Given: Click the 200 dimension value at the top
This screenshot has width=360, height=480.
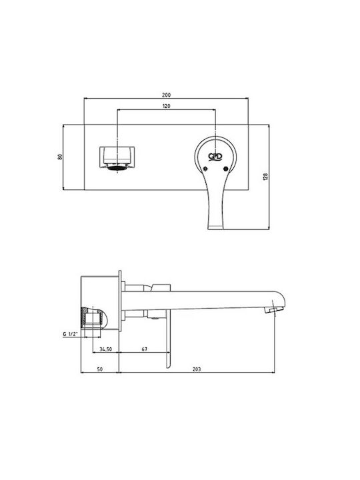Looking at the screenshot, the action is (x=166, y=95).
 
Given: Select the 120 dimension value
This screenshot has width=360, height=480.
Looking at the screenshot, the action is (x=166, y=106).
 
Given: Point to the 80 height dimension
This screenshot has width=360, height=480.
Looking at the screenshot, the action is (x=60, y=157).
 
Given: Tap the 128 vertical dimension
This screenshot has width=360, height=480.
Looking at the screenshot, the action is (x=265, y=177).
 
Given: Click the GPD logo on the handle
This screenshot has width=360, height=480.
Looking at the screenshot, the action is (x=215, y=157).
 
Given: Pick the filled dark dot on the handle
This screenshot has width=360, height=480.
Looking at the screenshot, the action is (x=226, y=169).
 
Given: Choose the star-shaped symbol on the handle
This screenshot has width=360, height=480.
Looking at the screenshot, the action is (x=205, y=169).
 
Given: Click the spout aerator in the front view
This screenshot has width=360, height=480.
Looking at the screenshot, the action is (x=117, y=167).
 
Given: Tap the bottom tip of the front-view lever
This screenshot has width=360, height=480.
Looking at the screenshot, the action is (x=215, y=228).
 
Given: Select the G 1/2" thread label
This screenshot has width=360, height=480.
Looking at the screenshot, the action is (x=71, y=334).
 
